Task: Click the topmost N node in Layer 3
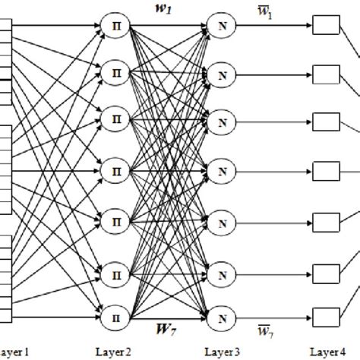(x=222, y=27)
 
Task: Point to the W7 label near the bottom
(x=166, y=328)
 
